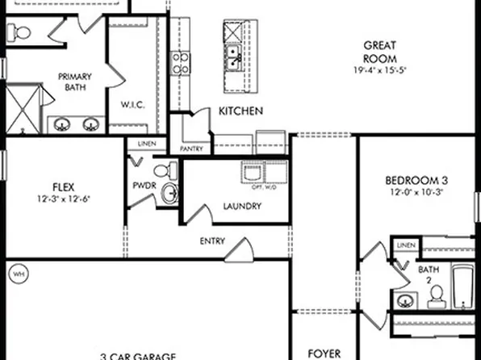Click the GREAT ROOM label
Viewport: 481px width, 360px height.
pos(379,52)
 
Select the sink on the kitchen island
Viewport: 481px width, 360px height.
pos(232,55)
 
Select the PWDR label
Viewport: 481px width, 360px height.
pos(144,185)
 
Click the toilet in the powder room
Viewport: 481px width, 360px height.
pos(165,171)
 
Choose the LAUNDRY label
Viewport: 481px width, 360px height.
pos(241,206)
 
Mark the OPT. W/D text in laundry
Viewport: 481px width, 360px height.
pos(264,187)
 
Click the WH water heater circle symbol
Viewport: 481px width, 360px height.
pos(17,274)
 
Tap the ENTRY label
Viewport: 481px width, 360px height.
pos(211,241)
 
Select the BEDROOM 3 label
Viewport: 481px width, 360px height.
pos(416,180)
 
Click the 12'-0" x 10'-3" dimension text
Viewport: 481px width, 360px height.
pos(416,195)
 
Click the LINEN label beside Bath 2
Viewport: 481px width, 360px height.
pos(406,245)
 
